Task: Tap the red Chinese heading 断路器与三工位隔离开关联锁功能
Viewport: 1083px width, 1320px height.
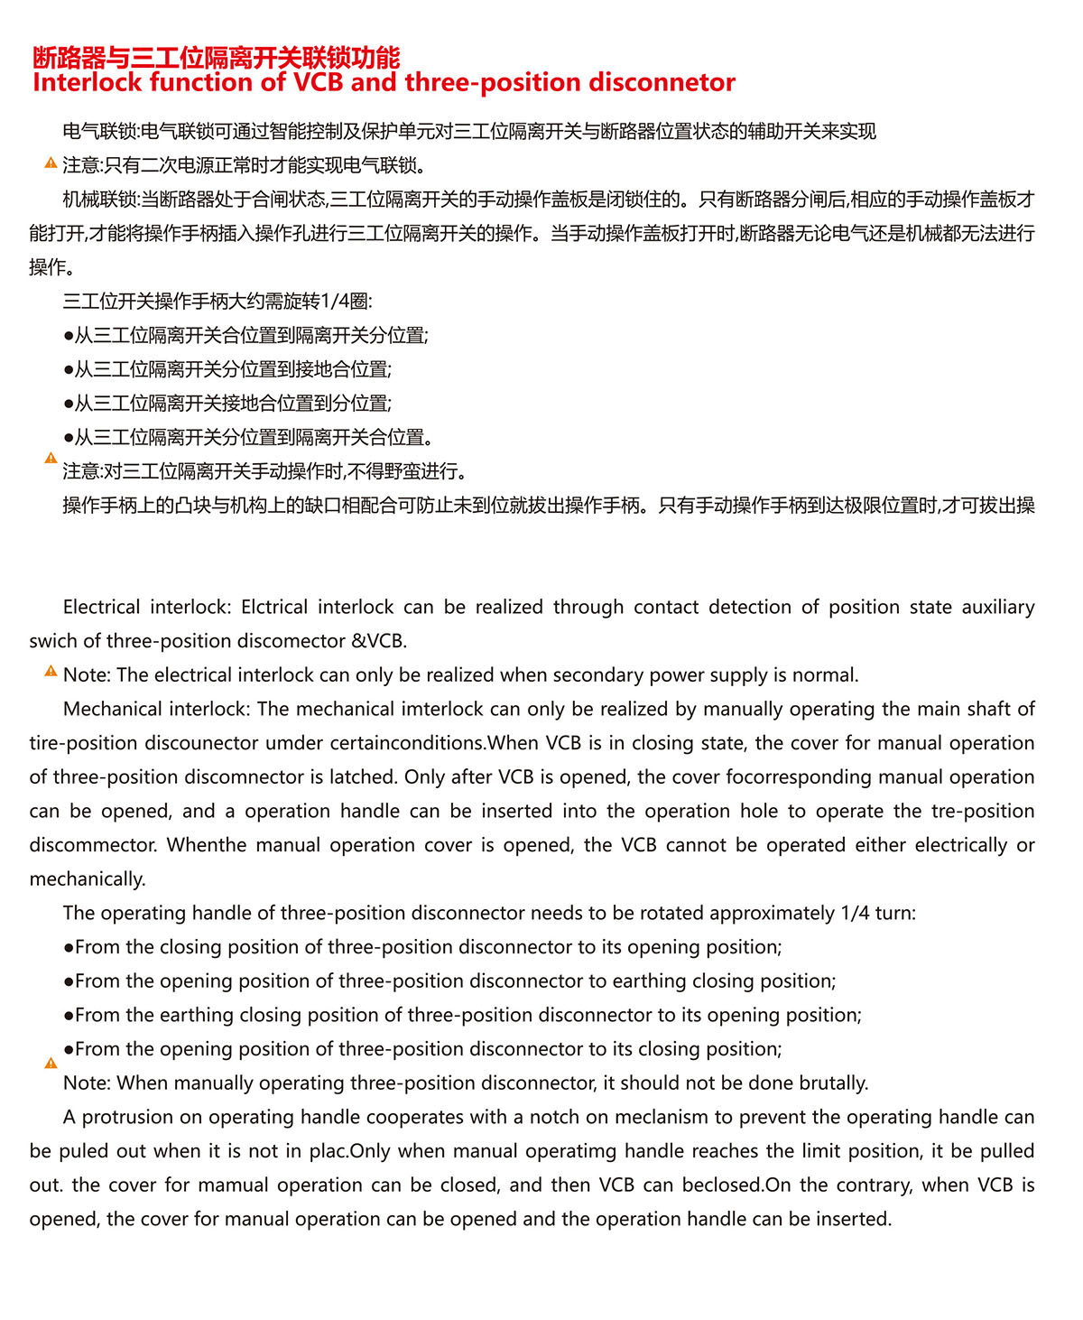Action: pyautogui.click(x=216, y=58)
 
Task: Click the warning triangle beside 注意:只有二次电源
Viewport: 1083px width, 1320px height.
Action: pyautogui.click(x=51, y=163)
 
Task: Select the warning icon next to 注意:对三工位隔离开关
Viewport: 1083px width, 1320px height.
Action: pyautogui.click(x=51, y=459)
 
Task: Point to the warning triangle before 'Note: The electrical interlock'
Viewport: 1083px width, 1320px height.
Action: pyautogui.click(x=51, y=672)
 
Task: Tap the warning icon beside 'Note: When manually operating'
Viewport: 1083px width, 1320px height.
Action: pyautogui.click(x=51, y=1064)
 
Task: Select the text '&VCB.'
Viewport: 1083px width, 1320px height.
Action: pyautogui.click(x=379, y=641)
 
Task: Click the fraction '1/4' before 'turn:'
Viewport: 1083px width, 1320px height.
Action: pyautogui.click(x=855, y=913)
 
